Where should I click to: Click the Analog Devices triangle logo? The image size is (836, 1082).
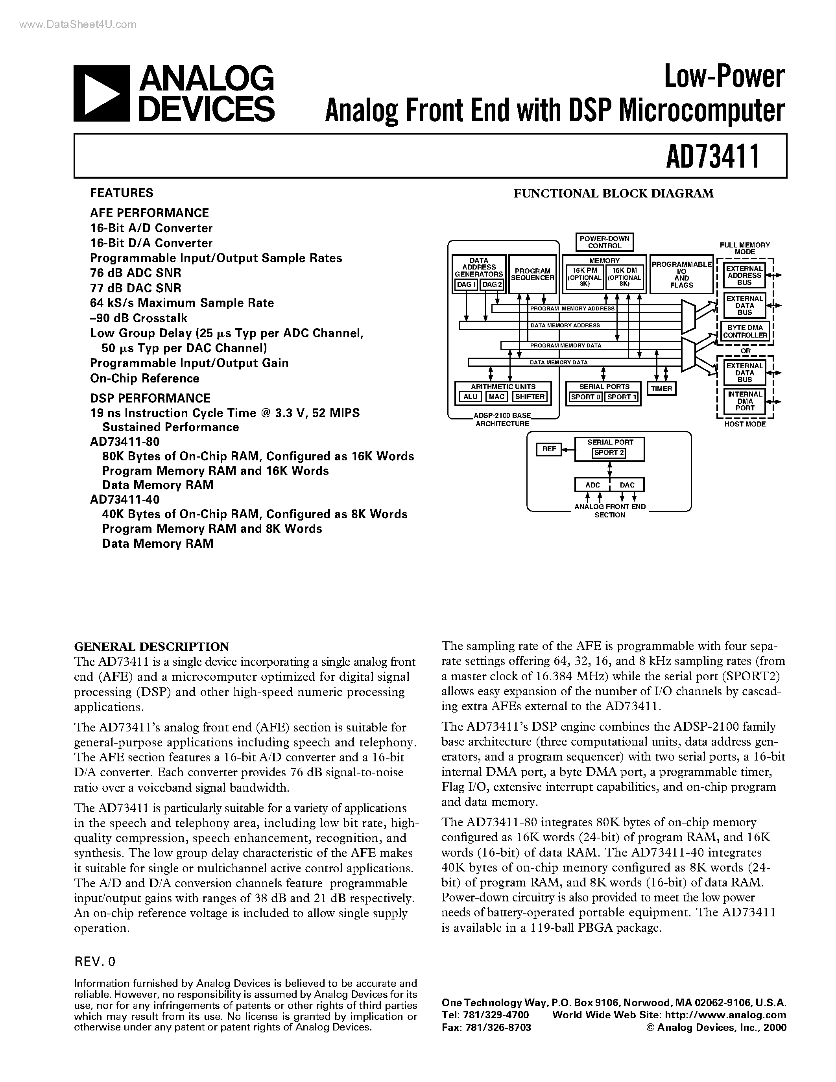(x=102, y=93)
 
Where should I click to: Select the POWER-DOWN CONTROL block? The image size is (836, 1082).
(x=604, y=242)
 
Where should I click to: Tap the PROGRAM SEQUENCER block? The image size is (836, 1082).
(x=532, y=275)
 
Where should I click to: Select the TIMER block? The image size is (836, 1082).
(x=661, y=389)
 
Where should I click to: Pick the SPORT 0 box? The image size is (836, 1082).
(x=585, y=397)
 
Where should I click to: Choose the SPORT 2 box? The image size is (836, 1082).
(x=609, y=452)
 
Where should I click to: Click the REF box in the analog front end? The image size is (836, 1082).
(x=549, y=449)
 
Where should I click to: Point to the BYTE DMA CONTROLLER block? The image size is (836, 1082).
(x=744, y=331)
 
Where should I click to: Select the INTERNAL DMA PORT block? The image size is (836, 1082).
(x=744, y=401)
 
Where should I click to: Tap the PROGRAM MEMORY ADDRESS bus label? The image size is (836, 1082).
(x=572, y=308)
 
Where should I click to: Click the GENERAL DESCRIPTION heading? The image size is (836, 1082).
(x=151, y=646)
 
